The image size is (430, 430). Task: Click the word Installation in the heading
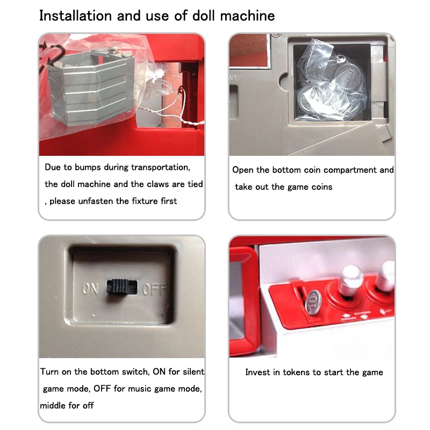pyautogui.click(x=76, y=16)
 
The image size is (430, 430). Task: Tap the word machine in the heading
pyautogui.click(x=247, y=16)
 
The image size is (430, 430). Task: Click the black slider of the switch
pyautogui.click(x=122, y=288)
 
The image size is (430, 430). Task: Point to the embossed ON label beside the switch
pyautogui.click(x=90, y=289)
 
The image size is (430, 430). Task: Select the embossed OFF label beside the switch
pyautogui.click(x=154, y=289)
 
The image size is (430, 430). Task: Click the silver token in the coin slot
pyautogui.click(x=313, y=303)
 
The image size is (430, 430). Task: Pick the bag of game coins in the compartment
pyautogui.click(x=331, y=82)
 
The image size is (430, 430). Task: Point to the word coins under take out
pyautogui.click(x=321, y=187)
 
